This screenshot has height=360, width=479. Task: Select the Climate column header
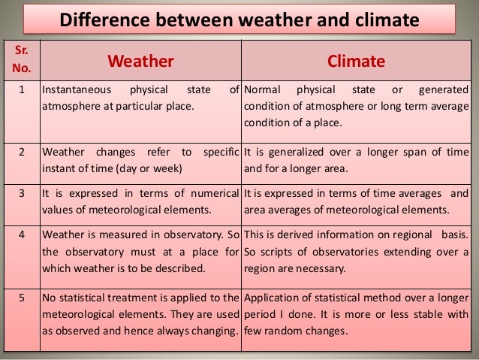click(356, 59)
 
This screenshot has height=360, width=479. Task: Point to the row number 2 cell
click(20, 153)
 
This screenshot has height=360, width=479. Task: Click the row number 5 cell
click(20, 297)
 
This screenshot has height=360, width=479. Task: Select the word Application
click(273, 297)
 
